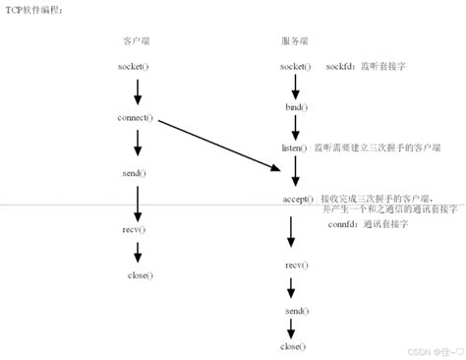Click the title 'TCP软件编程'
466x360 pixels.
[33, 9]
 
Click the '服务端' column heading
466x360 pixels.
[294, 40]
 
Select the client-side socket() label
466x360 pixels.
[136, 66]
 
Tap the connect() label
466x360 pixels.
[136, 118]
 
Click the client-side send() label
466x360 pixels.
[136, 173]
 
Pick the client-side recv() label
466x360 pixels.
[136, 228]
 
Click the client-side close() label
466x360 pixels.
[140, 275]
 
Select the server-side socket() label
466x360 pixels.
[295, 66]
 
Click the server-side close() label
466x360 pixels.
[293, 346]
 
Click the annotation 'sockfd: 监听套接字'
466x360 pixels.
[363, 66]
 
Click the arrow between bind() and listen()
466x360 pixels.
[294, 125]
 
